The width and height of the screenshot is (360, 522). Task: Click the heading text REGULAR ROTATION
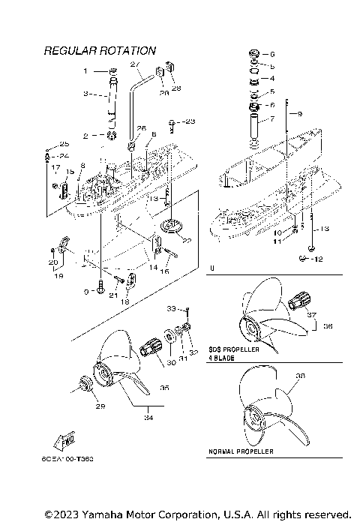[100, 51]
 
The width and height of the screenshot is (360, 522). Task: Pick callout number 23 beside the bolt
[189, 121]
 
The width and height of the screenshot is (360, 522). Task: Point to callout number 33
[170, 308]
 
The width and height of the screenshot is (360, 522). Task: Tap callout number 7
[271, 119]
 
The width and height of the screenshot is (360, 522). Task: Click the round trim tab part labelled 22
[172, 226]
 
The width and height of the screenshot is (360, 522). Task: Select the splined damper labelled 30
[151, 348]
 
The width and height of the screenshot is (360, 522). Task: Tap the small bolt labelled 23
[173, 123]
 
